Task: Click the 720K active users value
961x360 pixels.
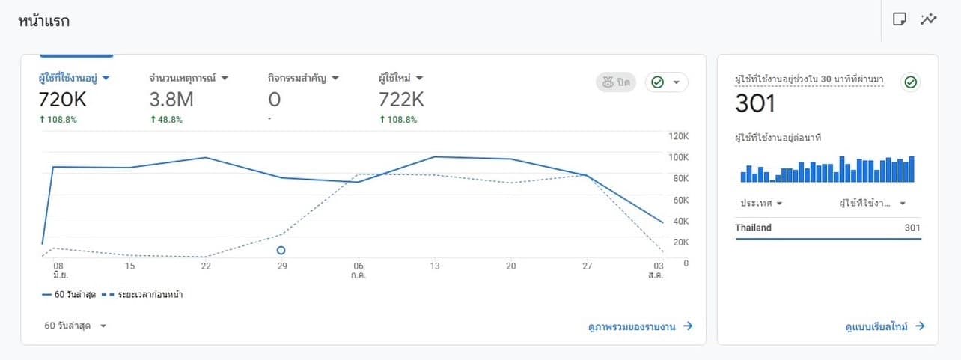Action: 64,99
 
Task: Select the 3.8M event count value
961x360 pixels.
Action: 172,99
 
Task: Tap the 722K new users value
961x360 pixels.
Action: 402,99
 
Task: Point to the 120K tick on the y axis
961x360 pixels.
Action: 678,136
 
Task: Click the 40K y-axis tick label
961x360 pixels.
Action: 680,221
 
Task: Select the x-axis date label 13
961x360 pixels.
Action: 435,266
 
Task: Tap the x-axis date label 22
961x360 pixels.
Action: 206,266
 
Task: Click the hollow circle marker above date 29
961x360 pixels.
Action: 281,250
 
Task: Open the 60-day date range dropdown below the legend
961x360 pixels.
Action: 76,326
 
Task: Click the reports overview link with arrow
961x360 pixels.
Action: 641,326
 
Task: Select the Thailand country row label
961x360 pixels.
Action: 753,228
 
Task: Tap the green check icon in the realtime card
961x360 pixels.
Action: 910,82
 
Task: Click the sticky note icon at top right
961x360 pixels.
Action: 900,19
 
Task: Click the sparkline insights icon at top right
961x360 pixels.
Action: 929,19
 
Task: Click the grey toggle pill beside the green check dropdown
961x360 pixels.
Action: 616,82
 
